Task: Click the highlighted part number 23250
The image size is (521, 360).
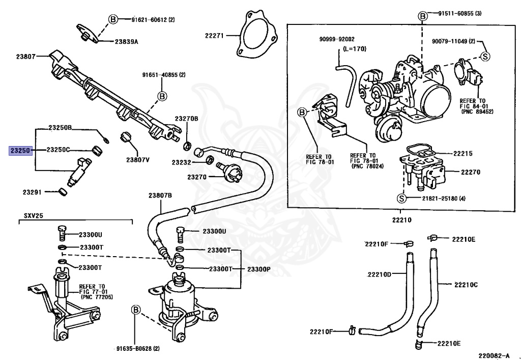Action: (20, 151)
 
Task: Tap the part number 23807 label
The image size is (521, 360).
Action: (25, 57)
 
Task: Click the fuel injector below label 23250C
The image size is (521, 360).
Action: (79, 172)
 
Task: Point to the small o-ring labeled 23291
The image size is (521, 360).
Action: (63, 192)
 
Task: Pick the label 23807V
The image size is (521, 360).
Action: (137, 160)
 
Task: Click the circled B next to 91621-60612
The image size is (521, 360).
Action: (113, 20)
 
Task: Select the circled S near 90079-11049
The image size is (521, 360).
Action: (485, 57)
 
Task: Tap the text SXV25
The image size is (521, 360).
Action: (34, 216)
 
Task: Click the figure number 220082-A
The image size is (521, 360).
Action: (494, 355)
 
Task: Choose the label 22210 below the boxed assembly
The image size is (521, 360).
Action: (401, 220)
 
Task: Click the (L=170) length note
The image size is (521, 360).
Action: (354, 49)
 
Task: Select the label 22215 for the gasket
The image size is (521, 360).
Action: (463, 154)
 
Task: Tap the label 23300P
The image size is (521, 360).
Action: (258, 269)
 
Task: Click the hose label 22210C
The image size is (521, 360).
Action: (466, 285)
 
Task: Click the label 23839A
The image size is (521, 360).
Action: (127, 42)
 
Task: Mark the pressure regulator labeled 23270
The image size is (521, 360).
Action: (230, 172)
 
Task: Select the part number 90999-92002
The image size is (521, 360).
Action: (337, 39)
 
